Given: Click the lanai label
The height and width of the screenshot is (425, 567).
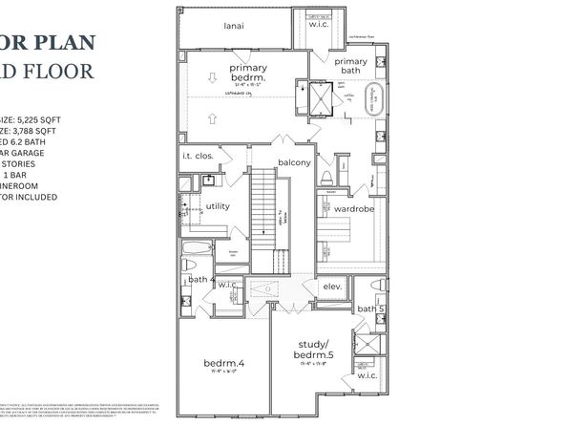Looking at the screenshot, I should [x=233, y=26].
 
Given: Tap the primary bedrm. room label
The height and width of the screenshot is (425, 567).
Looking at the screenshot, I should [x=247, y=74].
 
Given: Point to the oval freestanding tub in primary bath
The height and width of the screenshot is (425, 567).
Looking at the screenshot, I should [x=374, y=100].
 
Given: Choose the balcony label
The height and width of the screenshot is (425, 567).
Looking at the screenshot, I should [x=294, y=162].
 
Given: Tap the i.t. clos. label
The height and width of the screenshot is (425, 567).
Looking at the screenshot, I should [x=197, y=155].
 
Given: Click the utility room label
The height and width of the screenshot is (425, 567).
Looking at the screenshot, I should [x=218, y=204].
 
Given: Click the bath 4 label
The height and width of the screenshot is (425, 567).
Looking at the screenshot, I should [x=199, y=279].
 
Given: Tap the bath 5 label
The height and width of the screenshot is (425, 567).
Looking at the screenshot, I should [x=369, y=308].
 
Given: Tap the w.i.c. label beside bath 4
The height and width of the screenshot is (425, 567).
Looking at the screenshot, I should [x=227, y=285].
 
